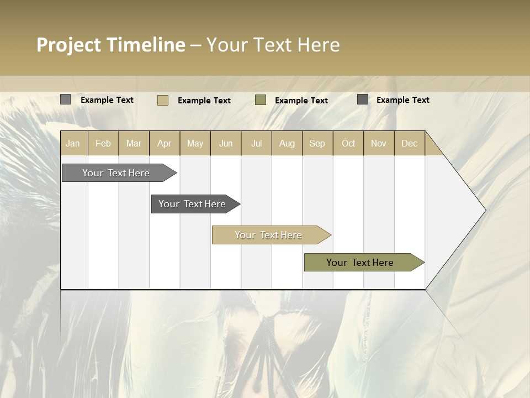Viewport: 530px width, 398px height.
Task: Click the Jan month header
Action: click(x=73, y=143)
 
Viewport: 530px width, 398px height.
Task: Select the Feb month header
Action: click(x=103, y=143)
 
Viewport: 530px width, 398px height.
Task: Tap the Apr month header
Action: click(x=164, y=143)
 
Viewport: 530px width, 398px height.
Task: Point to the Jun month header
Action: click(x=226, y=143)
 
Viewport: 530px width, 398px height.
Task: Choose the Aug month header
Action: click(x=287, y=143)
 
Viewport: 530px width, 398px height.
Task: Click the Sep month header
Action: click(x=317, y=143)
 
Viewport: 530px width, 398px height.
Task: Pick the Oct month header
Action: click(x=348, y=143)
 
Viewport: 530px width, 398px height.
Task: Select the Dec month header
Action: click(x=409, y=143)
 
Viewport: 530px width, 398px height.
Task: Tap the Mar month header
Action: click(x=134, y=143)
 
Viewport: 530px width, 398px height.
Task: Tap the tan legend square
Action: click(x=163, y=100)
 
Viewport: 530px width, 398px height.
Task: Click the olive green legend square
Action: click(x=261, y=99)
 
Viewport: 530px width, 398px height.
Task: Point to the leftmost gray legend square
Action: click(x=66, y=99)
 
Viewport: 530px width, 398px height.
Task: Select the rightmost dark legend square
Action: click(x=363, y=99)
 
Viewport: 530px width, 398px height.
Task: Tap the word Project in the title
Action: click(x=69, y=45)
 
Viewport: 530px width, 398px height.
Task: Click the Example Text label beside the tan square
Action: click(x=204, y=101)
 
